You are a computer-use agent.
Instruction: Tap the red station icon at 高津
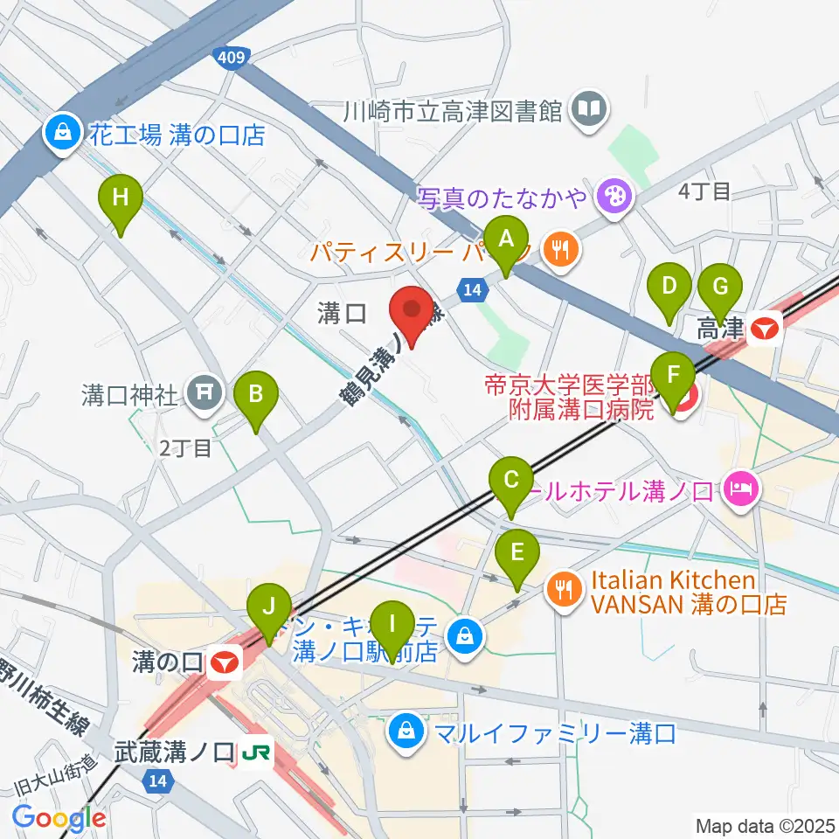click(766, 329)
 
